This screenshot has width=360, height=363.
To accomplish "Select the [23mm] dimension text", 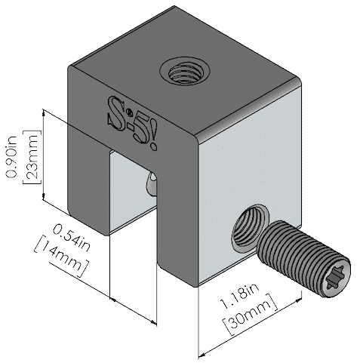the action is click(32, 157).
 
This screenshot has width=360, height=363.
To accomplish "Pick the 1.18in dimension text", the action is click(239, 297).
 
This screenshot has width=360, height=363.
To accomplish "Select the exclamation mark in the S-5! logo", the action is click(154, 137).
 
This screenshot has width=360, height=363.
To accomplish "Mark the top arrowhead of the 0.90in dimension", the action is click(44, 112).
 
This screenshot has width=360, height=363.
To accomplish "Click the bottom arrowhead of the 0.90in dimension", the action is click(44, 197).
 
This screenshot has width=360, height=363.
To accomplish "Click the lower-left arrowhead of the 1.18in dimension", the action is click(202, 355).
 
